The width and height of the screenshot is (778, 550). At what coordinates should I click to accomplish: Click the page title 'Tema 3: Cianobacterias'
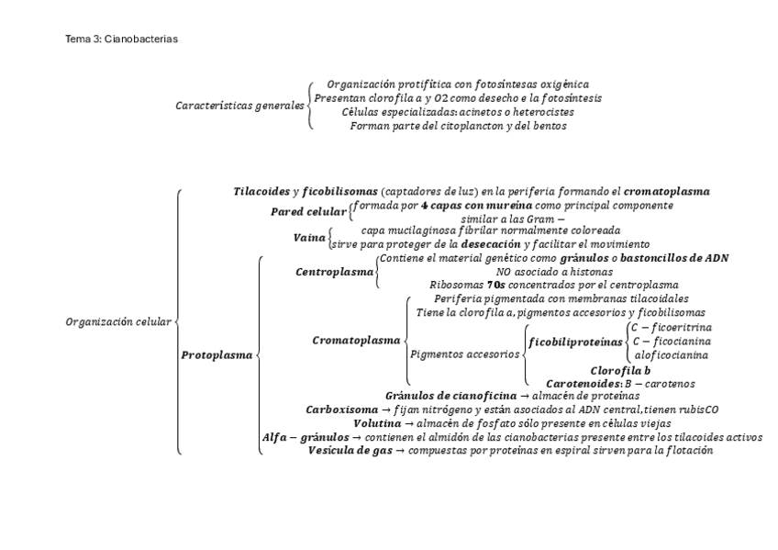[121, 40]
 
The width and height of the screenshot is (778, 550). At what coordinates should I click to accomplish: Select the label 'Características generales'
[240, 106]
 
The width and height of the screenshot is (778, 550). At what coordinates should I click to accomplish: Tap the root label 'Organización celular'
[118, 322]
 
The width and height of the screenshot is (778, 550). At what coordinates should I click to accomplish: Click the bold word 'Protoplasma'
[217, 354]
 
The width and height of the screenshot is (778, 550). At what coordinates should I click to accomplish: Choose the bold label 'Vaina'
[309, 238]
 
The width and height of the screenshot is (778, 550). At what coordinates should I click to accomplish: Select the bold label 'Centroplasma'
[335, 273]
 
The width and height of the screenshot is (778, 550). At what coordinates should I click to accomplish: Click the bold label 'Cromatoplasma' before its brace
[356, 340]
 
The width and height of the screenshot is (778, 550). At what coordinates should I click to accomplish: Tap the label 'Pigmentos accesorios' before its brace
[464, 354]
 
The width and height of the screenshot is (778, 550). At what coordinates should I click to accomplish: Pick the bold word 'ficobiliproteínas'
[576, 341]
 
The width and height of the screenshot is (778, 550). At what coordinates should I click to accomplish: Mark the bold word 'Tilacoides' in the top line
[261, 191]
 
